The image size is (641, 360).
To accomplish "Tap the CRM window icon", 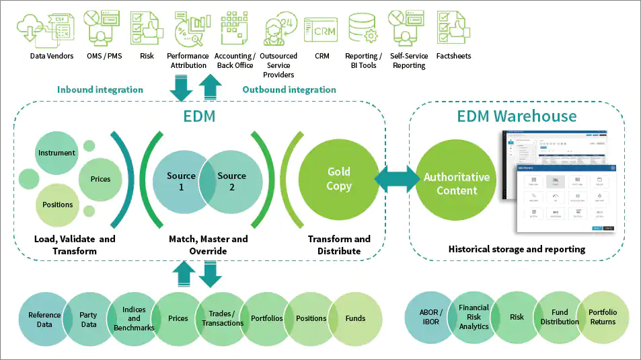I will click(321, 30).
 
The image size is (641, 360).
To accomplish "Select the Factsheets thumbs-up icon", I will click(453, 28).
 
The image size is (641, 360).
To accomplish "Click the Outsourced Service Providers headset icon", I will click(278, 28).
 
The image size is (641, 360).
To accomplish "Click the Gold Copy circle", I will click(339, 179).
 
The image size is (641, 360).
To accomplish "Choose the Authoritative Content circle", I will click(457, 184).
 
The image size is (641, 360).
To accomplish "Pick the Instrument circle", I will click(56, 153).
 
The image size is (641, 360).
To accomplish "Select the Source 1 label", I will click(181, 182).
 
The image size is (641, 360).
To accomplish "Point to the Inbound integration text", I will click(100, 89).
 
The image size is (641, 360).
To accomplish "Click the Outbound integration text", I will click(289, 89).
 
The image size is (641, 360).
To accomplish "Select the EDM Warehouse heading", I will click(517, 116).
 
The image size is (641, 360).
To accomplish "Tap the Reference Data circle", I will click(44, 318).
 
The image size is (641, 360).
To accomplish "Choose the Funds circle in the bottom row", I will click(356, 318).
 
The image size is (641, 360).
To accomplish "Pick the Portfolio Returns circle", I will click(603, 317).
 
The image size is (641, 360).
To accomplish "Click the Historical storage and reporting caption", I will click(517, 249).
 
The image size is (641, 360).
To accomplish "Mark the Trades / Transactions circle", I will click(223, 318).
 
